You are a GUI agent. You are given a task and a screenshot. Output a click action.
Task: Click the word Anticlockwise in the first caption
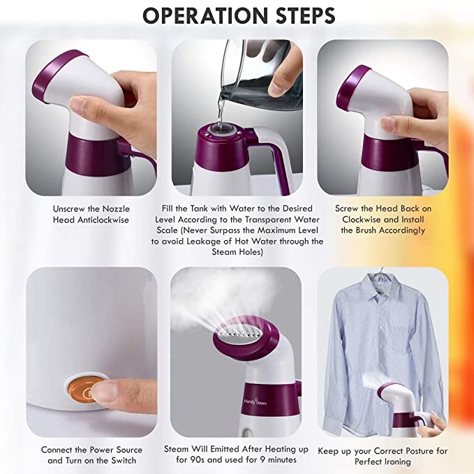[x=103, y=220]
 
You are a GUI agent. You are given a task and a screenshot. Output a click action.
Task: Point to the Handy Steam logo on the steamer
[x=255, y=402]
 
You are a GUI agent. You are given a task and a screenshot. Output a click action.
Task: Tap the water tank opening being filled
[x=221, y=129]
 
